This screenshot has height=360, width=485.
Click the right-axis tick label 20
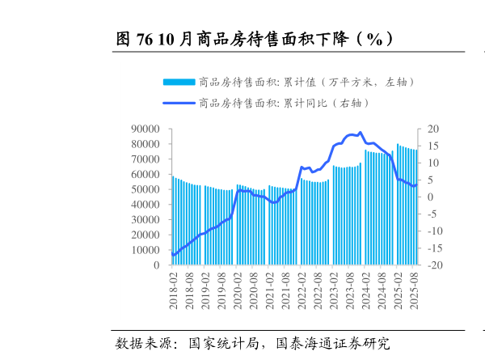pyautogui.click(x=433, y=129)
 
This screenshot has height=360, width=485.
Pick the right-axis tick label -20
pyautogui.click(x=435, y=265)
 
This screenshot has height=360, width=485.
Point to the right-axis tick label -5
pyautogui.click(x=433, y=214)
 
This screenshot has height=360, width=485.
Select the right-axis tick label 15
pyautogui.click(x=433, y=146)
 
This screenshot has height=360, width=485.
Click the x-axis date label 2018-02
pyautogui.click(x=173, y=293)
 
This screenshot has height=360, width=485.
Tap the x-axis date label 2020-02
pyautogui.click(x=237, y=293)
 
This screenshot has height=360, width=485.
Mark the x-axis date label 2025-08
pyautogui.click(x=415, y=293)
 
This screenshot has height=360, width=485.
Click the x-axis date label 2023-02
pyautogui.click(x=334, y=293)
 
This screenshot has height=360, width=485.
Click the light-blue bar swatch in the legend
pyautogui.click(x=179, y=82)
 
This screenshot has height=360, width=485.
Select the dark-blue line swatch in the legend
pyautogui.click(x=179, y=103)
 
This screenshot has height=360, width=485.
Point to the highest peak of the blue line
pyautogui.click(x=361, y=133)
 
